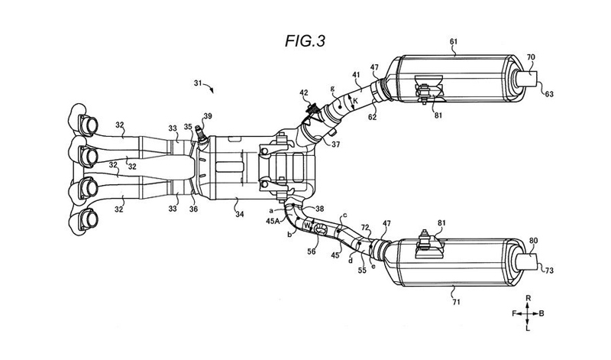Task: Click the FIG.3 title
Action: [x=305, y=41]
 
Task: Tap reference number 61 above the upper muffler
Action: [x=454, y=42]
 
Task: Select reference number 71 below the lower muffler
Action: [x=456, y=301]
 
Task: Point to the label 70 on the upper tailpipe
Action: [x=531, y=57]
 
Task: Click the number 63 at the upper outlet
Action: [x=549, y=94]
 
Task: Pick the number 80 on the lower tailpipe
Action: [x=533, y=241]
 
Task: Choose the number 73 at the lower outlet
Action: [x=549, y=271]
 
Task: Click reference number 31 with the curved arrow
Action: [x=198, y=83]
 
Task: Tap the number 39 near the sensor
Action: [x=208, y=116]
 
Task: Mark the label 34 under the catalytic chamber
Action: [x=239, y=214]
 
